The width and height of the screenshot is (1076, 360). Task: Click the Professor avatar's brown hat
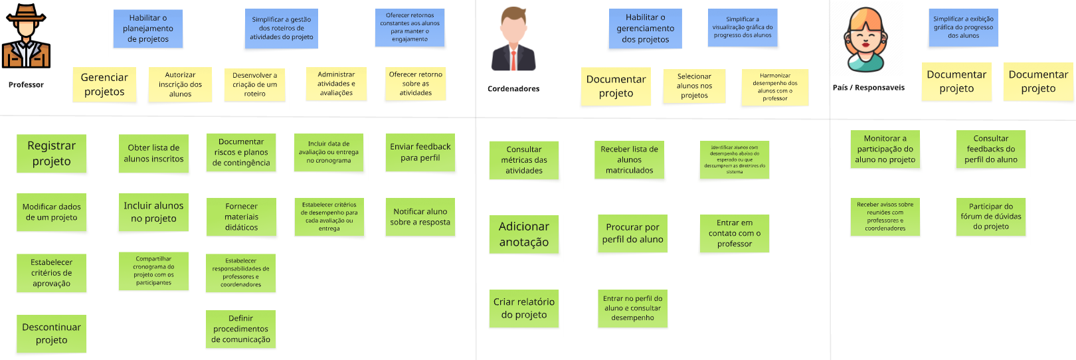point(26,13)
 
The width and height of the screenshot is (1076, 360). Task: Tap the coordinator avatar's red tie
point(513,60)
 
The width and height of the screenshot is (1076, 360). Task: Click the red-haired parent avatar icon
point(865,40)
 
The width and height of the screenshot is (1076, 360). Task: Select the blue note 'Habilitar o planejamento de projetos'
point(148,29)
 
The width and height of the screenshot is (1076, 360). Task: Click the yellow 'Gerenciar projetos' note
point(104,84)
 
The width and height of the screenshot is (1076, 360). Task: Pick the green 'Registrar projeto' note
point(51,153)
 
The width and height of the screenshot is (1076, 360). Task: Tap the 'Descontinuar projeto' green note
point(51,333)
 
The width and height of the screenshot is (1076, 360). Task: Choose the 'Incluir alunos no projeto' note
point(153,212)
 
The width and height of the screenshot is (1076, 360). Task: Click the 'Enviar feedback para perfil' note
point(420,152)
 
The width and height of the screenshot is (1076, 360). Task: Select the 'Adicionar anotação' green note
point(524,234)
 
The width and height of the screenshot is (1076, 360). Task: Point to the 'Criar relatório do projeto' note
point(524,308)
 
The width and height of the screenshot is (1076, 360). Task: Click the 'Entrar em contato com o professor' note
point(735,233)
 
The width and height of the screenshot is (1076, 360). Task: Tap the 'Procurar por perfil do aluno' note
point(632,233)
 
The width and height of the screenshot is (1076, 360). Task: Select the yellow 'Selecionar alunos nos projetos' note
point(694,86)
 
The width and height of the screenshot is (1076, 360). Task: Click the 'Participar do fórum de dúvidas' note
point(991,217)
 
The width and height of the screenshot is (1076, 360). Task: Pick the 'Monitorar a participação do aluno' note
point(885,149)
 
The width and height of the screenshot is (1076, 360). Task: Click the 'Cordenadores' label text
point(513,89)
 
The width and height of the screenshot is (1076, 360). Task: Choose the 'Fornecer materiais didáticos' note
point(241,217)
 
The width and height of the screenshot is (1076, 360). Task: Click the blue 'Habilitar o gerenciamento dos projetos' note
point(645,29)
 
